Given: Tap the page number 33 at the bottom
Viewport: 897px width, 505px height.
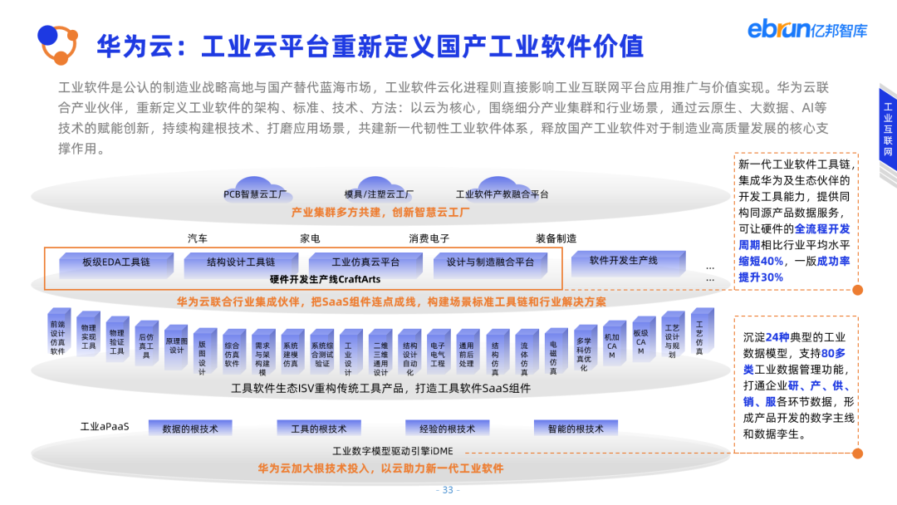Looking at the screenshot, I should tap(448, 489).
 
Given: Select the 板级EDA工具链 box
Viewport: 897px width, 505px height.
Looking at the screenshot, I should tap(115, 262).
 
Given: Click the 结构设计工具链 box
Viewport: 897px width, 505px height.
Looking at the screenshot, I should tap(240, 262).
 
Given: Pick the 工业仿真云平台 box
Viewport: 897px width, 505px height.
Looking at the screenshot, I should tap(365, 262).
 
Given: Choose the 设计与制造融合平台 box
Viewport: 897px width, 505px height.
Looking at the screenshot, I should tap(490, 262).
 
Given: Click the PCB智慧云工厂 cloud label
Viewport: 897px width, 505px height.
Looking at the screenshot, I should tap(255, 194).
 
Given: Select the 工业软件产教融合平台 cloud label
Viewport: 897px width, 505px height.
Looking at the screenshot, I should tap(502, 194).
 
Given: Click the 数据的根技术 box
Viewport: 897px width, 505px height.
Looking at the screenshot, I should tap(190, 429).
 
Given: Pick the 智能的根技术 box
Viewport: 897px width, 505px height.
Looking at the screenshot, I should tap(576, 429).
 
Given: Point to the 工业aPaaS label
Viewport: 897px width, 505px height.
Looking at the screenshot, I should tap(105, 427).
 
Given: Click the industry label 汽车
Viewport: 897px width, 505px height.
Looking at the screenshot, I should tap(198, 238).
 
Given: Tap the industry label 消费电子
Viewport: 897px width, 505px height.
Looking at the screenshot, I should tap(429, 238).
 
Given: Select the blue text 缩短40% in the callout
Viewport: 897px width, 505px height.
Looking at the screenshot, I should tap(761, 261).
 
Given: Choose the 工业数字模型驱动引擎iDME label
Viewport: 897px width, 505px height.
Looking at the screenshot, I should tap(392, 451).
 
